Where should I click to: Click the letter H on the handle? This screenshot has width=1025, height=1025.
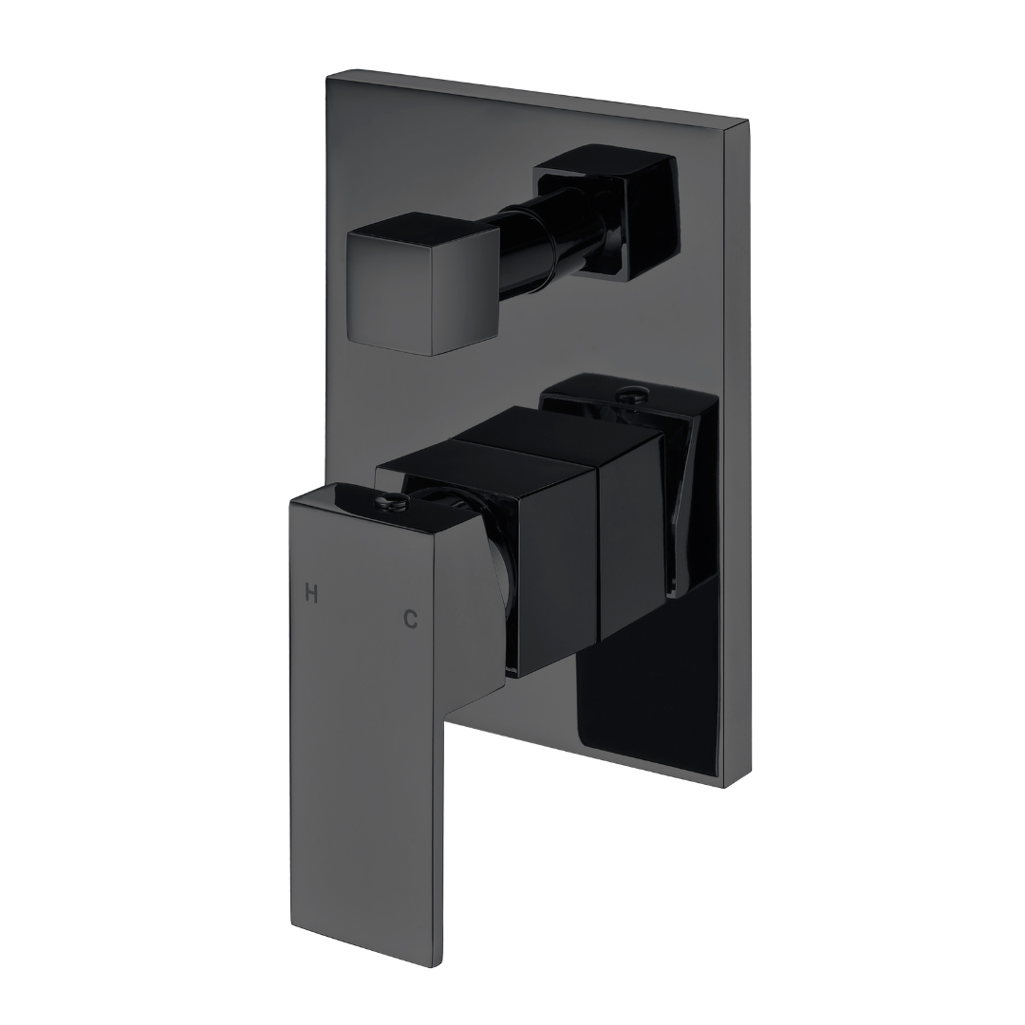pyautogui.click(x=310, y=594)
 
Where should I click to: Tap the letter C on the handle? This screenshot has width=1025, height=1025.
pyautogui.click(x=410, y=619)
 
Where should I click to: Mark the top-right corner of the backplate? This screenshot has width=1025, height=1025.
pyautogui.click(x=746, y=123)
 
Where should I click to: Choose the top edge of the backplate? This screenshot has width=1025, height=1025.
pyautogui.click(x=536, y=97)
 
